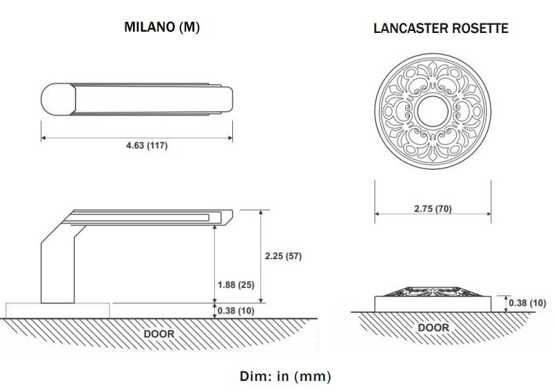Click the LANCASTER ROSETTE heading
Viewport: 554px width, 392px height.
click(x=440, y=28)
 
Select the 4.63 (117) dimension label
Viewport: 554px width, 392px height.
click(x=145, y=146)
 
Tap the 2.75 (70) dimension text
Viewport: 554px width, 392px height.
click(x=433, y=208)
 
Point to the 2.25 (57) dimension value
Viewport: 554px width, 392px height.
click(x=283, y=256)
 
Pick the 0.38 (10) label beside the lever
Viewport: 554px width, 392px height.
click(x=236, y=311)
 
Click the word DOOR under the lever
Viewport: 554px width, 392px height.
click(x=158, y=334)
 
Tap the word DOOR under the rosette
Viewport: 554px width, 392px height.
click(x=433, y=327)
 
